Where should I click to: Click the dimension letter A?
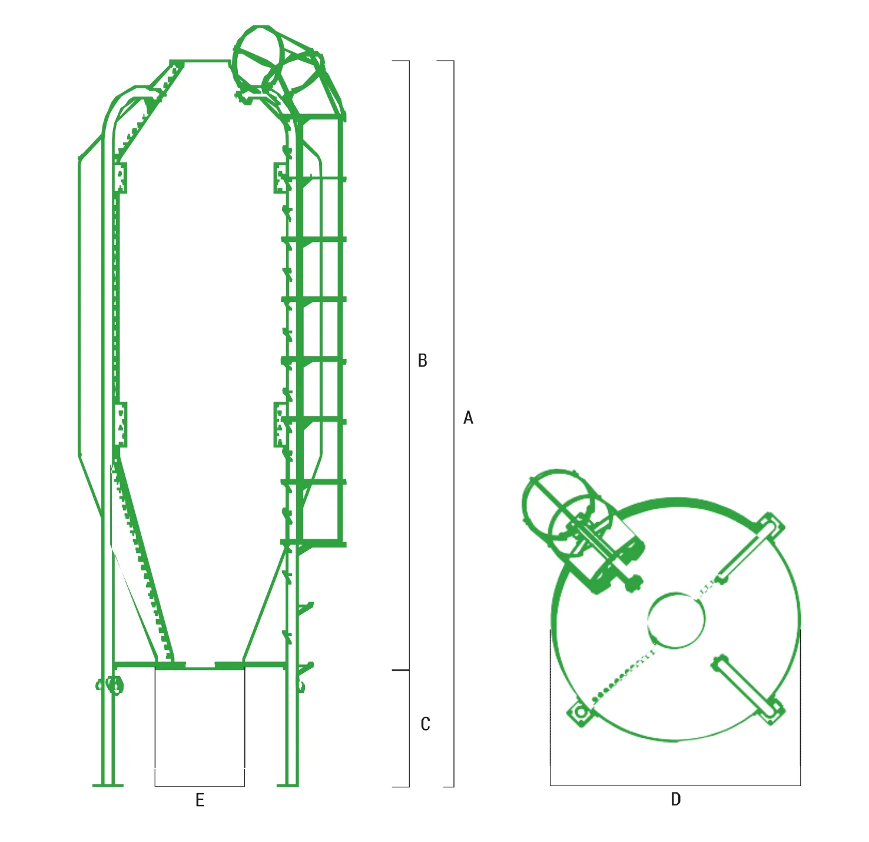(x=468, y=417)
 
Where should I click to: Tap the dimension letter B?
(x=423, y=360)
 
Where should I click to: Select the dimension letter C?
(x=425, y=724)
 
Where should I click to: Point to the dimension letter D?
(x=676, y=798)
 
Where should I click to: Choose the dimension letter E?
(x=200, y=800)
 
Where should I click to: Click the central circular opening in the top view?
(x=676, y=621)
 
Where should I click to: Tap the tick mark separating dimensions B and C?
(x=400, y=670)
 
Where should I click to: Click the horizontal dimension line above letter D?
(x=675, y=785)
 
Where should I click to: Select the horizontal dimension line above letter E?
(x=200, y=785)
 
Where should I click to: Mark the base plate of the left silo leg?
(x=108, y=785)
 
